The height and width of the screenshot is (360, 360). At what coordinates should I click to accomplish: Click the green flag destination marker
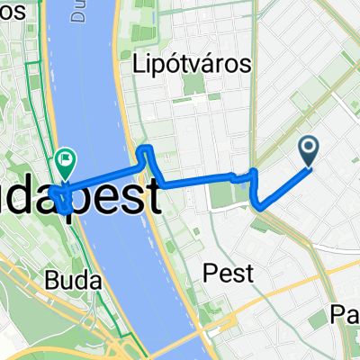click(66, 161)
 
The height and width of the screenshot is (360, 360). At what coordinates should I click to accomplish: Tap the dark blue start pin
click(308, 149)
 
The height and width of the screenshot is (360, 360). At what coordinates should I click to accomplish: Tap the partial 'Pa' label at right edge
click(346, 314)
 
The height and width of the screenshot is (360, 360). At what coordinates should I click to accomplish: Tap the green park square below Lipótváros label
click(193, 87)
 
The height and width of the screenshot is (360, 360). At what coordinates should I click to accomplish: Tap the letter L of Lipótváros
click(138, 65)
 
